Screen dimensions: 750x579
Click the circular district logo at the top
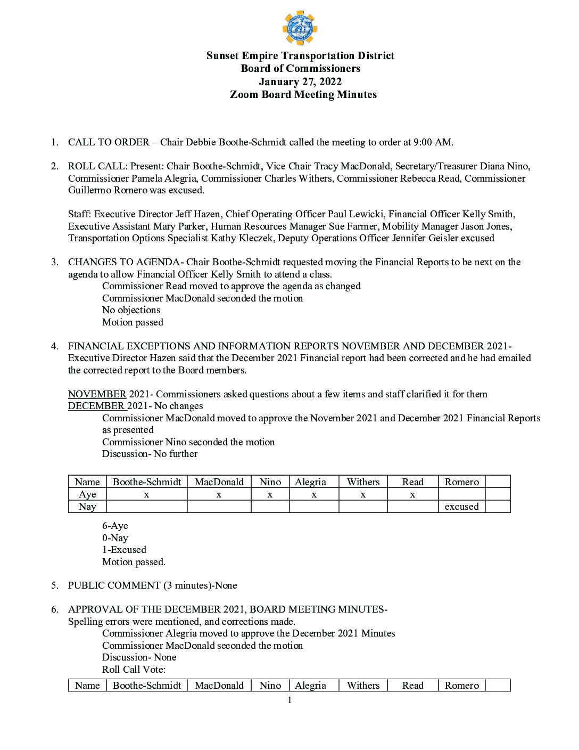pos(300,28)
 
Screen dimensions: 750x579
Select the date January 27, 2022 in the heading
pos(300,81)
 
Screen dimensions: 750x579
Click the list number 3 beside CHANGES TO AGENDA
pos(55,262)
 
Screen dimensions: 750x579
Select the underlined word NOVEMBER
pos(97,394)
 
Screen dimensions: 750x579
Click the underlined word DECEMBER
pos(97,406)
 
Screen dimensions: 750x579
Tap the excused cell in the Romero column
pos(461,507)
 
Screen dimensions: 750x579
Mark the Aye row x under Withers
pos(363,494)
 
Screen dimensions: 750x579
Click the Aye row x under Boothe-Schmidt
pos(146,494)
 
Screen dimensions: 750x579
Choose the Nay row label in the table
pos(87,507)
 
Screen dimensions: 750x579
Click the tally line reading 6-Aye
pos(115,526)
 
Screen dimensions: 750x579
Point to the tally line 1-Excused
pos(124,550)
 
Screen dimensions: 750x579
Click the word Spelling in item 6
pos(85,622)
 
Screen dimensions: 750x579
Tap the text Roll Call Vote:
pos(134,670)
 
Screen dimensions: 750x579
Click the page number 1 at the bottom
pos(289,700)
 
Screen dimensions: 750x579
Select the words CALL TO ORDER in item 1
pos(109,142)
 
